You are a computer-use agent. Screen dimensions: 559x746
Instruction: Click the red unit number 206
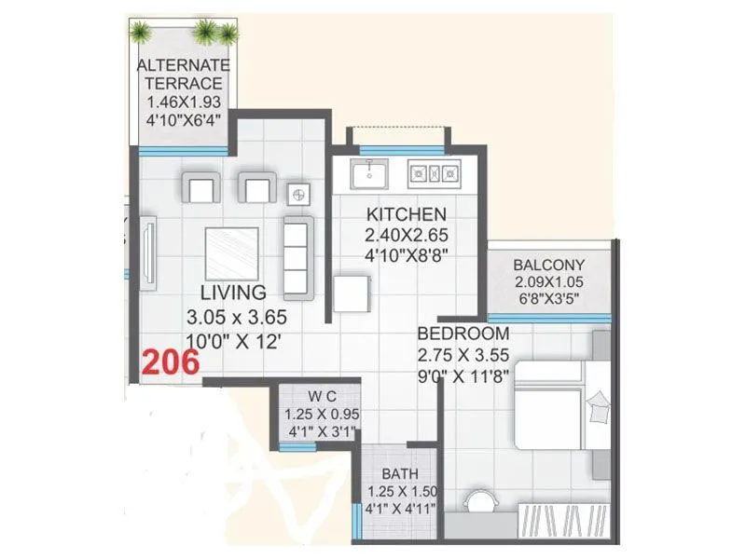point(171,361)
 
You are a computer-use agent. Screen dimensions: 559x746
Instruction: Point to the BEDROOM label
point(463,334)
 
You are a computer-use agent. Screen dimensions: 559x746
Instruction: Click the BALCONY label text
point(549,264)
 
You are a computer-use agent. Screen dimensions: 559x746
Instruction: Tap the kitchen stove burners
point(435,172)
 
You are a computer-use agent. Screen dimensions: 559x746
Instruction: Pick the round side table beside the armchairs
point(300,194)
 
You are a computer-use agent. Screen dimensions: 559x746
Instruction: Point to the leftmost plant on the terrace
point(141,33)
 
